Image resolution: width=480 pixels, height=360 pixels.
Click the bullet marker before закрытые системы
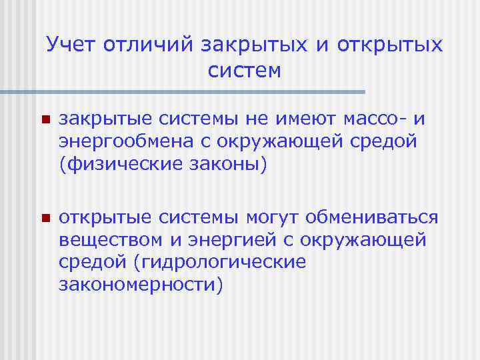pyautogui.click(x=45, y=121)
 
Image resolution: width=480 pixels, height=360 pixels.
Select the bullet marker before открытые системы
pyautogui.click(x=45, y=219)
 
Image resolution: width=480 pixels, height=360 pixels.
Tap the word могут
pyautogui.click(x=276, y=219)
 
